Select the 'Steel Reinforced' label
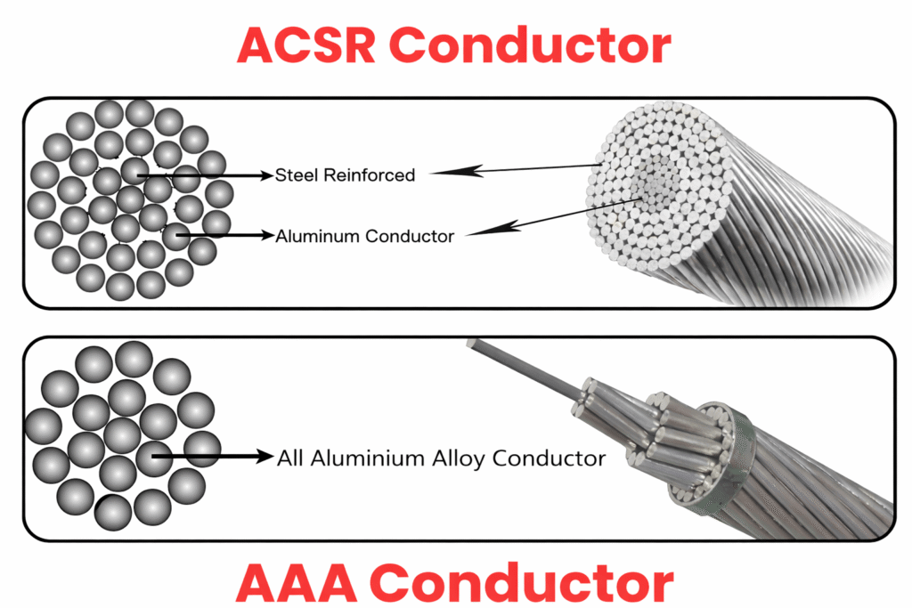[346, 175]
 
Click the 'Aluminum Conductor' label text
[365, 236]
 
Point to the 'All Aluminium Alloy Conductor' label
[441, 458]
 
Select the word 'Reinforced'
[369, 175]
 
